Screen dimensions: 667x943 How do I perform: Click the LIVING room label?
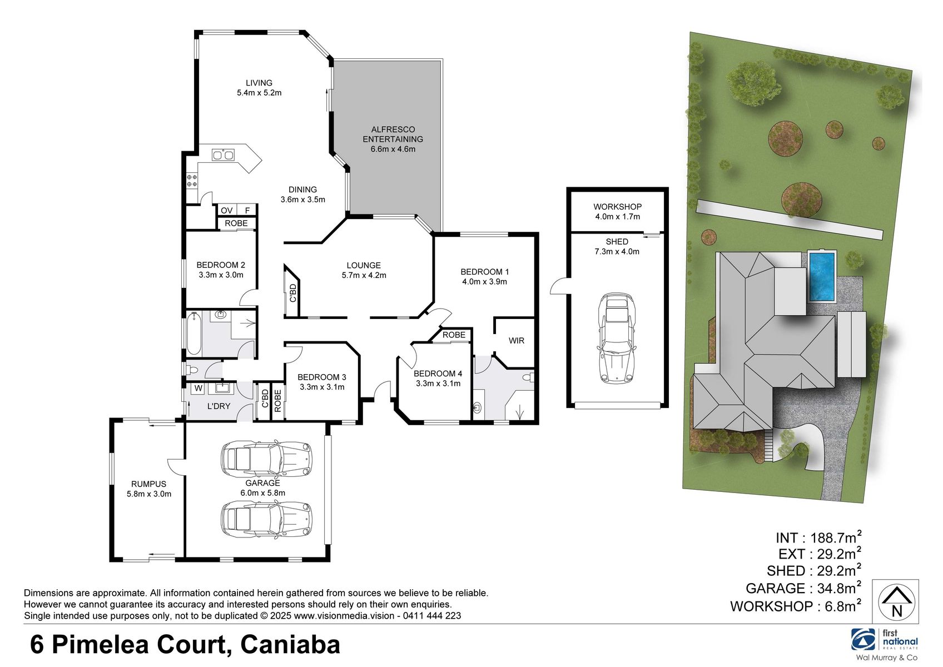pos(259,83)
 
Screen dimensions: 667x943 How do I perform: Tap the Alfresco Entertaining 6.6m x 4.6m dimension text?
pos(393,149)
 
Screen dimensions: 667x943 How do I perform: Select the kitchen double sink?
pos(224,155)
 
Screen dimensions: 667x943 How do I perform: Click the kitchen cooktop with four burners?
pos(191,180)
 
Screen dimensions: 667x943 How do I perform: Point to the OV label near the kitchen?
pos(226,210)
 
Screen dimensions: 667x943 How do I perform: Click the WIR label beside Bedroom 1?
pos(516,340)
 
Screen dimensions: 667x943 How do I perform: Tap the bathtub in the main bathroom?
pos(193,333)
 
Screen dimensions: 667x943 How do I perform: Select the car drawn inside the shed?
pos(617,339)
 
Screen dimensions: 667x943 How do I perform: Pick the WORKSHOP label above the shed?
pos(617,206)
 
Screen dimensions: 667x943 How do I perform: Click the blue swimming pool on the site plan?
pos(822,276)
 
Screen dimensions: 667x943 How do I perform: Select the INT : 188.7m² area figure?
pos(818,537)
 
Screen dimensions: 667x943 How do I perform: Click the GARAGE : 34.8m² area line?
pos(803,588)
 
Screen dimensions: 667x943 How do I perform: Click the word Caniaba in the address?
pos(290,645)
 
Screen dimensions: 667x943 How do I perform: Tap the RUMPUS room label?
pos(148,484)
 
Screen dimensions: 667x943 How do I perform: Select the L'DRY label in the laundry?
pos(219,406)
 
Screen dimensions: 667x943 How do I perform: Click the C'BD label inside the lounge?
pos(293,293)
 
